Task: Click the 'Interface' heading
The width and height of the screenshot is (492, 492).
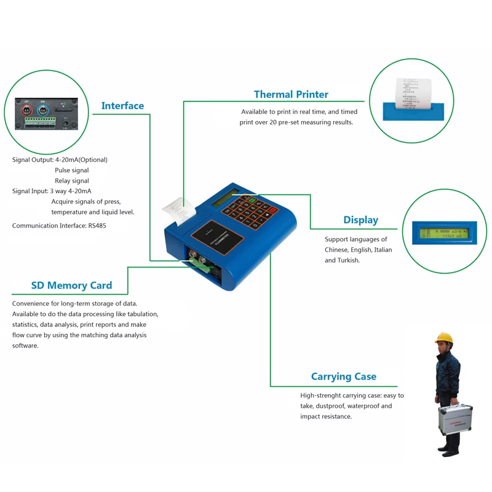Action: coord(122,106)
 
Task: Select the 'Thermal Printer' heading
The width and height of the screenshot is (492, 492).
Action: coord(291,94)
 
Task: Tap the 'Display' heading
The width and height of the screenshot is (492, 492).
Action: coord(360,220)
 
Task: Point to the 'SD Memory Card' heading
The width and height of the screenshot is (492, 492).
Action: coord(71,285)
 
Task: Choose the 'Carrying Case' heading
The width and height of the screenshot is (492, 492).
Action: coord(343,376)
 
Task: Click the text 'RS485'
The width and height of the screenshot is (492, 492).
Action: coord(97,226)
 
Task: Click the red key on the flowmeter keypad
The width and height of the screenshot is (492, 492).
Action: coord(272,210)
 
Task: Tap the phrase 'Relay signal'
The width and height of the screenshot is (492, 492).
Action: coord(72,181)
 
